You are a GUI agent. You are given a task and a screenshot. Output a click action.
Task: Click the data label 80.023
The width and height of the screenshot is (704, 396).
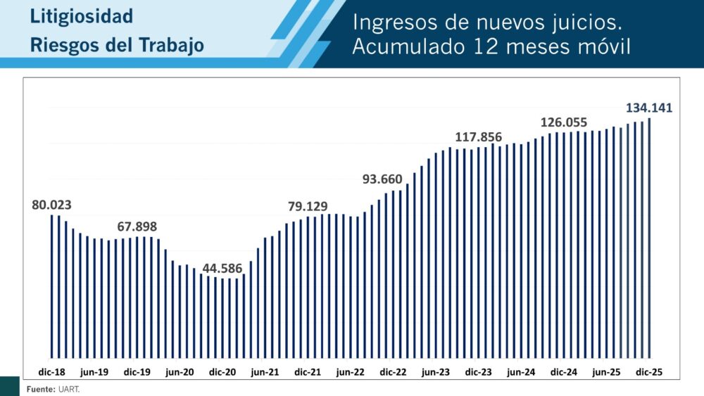point(51,205)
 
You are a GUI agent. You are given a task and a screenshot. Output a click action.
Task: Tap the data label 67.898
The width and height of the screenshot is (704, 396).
point(137,226)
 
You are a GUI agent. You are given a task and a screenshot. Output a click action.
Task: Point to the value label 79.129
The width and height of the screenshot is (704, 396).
point(308,206)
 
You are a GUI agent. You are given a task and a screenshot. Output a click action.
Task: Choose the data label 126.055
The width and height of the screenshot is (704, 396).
point(564,122)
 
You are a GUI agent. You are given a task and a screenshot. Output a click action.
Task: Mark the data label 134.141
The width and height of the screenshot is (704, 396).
point(650,108)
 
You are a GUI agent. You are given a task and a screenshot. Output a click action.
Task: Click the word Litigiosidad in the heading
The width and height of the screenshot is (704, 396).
point(82,17)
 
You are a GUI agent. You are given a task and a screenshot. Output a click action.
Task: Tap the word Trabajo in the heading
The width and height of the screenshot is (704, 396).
point(170,46)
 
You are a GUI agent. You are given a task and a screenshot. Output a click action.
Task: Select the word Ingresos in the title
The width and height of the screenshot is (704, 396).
point(391,23)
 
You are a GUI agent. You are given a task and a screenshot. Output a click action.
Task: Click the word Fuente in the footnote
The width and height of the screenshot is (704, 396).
point(39,389)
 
